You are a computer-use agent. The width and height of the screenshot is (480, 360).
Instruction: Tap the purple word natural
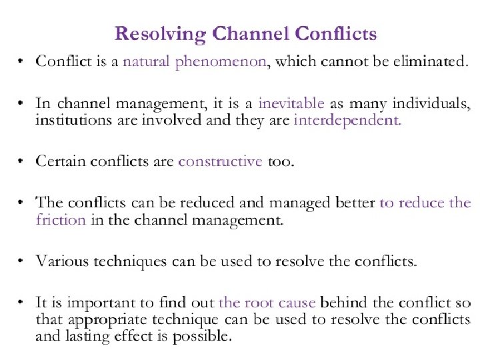(x=147, y=63)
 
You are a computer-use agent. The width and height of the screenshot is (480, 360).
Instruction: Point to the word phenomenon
(x=221, y=63)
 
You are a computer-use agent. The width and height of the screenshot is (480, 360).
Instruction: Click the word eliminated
(x=429, y=63)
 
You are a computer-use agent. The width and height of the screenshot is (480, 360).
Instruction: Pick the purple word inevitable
(x=291, y=104)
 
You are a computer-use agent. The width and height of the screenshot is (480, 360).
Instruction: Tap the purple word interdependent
(x=347, y=121)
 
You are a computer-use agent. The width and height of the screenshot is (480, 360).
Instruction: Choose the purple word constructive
(x=220, y=162)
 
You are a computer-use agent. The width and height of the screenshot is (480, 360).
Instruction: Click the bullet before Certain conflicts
(x=22, y=162)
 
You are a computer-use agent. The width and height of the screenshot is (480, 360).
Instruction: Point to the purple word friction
(x=61, y=220)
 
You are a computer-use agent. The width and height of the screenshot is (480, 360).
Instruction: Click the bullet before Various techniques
(x=22, y=261)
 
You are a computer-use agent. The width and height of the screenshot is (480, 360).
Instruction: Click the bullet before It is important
(x=22, y=303)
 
